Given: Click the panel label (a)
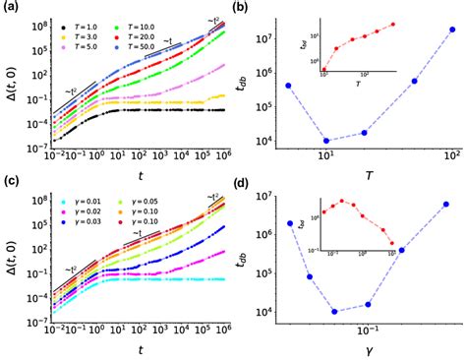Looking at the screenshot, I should (8, 8).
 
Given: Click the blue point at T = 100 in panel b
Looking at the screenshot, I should (451, 30).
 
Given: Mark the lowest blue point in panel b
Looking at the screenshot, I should (325, 141).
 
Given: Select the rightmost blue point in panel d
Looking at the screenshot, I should (445, 205).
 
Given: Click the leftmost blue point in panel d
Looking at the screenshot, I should (289, 223).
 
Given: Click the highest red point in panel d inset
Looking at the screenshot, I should (340, 202).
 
